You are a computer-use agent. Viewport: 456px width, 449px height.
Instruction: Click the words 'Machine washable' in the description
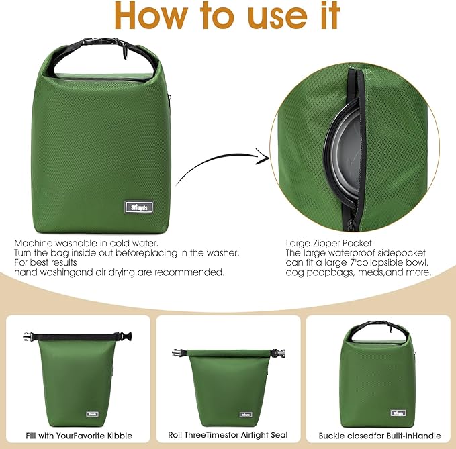(53, 242)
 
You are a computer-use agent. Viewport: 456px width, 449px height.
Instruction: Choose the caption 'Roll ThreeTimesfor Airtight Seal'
(228, 435)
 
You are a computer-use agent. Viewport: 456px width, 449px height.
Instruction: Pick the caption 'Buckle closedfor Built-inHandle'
(378, 435)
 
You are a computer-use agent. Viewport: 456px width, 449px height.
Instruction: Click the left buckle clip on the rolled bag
(179, 351)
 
